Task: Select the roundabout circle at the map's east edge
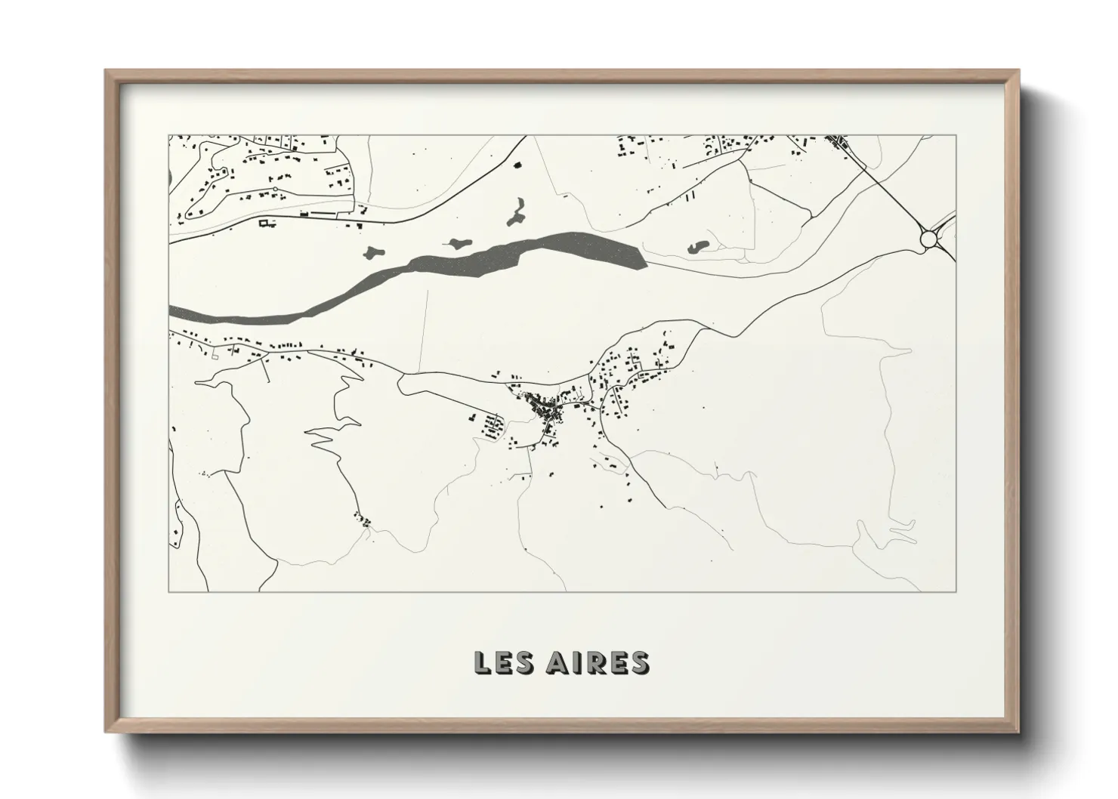point(928,240)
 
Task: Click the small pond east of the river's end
point(697,246)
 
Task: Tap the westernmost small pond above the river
point(373,251)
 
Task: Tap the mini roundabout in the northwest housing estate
point(275,189)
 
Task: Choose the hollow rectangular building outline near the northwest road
point(265,223)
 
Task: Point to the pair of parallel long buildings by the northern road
point(690,198)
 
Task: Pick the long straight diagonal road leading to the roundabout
point(884,189)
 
